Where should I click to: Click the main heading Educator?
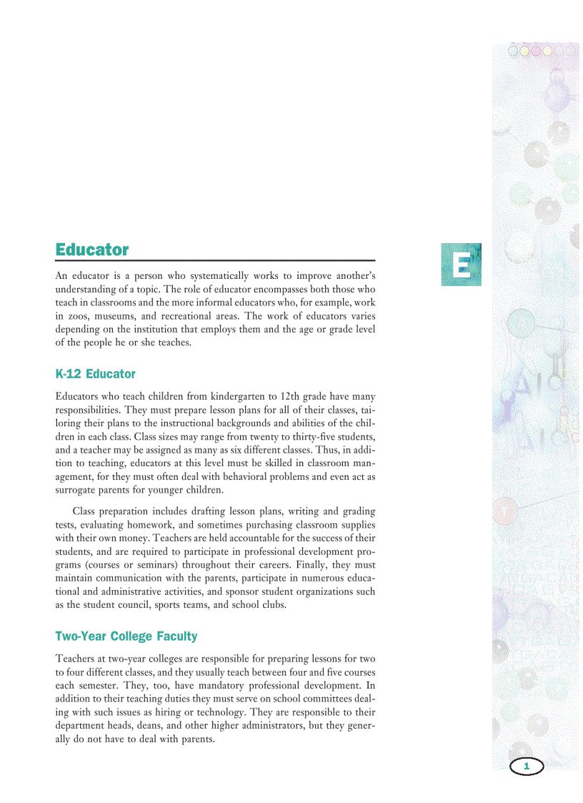click(x=92, y=250)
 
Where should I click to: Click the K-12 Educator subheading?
click(x=95, y=374)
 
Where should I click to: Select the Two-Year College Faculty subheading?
click(x=126, y=636)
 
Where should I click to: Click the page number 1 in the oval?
click(x=527, y=767)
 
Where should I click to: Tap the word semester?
click(x=104, y=686)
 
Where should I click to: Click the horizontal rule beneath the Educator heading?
click(x=215, y=260)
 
